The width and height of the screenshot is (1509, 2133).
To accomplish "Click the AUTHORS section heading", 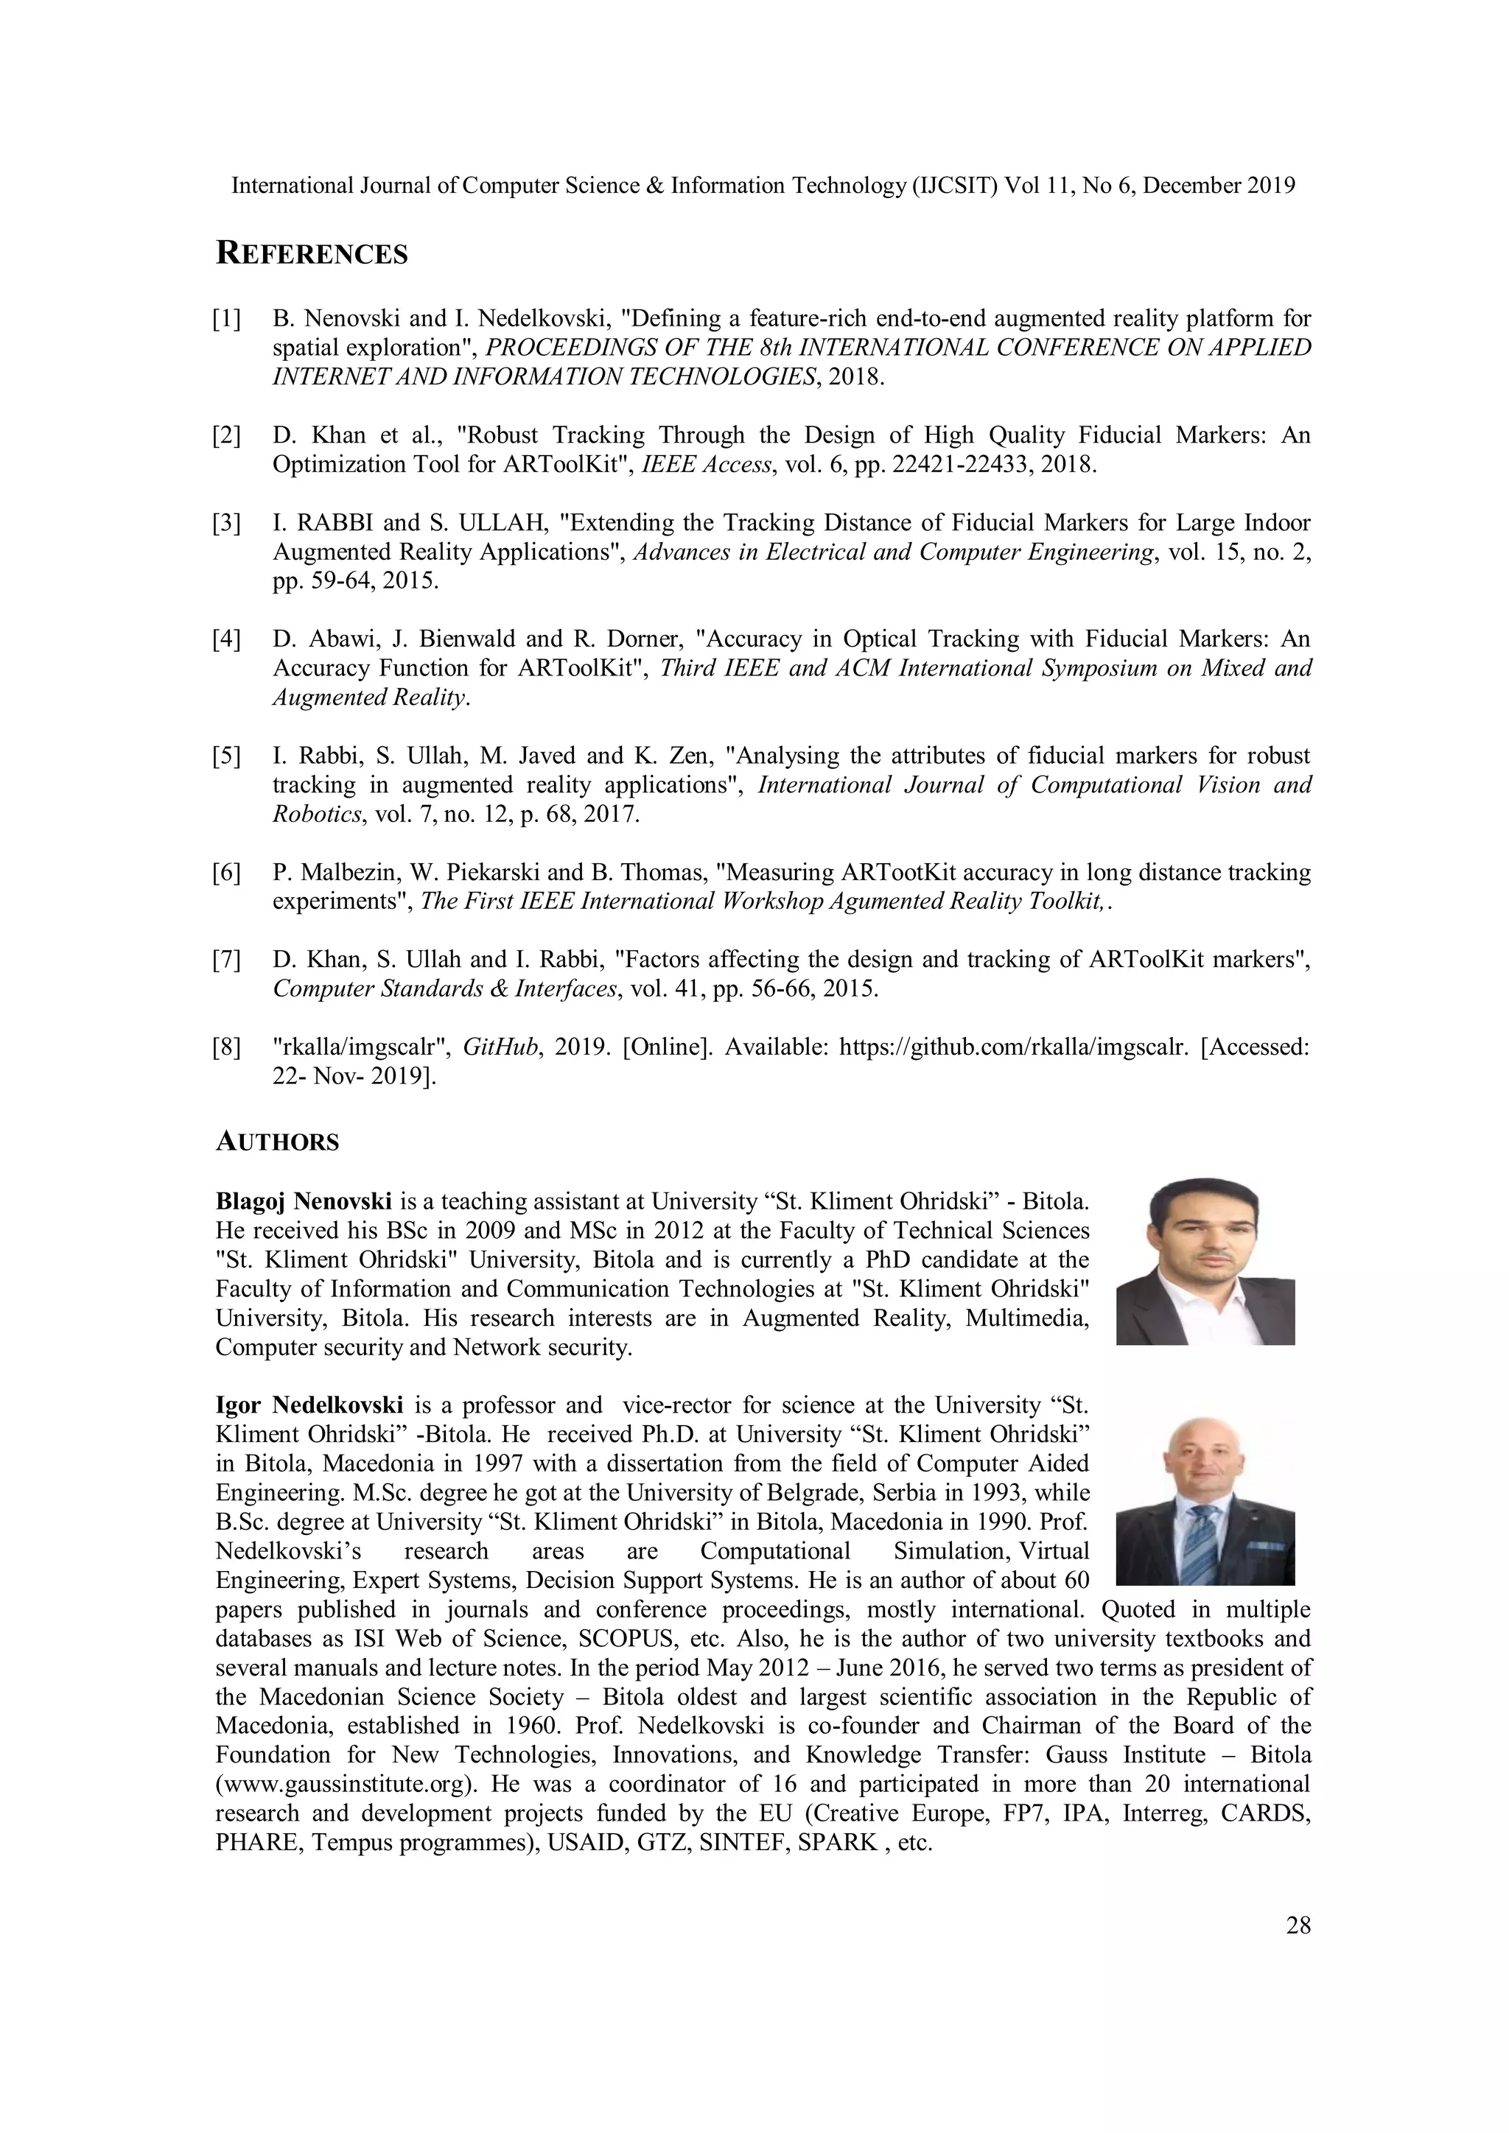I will [x=277, y=1142].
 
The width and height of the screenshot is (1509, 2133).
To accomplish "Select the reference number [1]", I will [x=227, y=320].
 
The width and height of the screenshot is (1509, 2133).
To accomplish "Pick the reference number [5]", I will [x=227, y=756].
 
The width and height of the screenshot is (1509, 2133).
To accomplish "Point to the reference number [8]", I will [x=227, y=1048].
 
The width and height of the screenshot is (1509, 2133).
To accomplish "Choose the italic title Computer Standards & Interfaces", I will [x=445, y=988].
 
